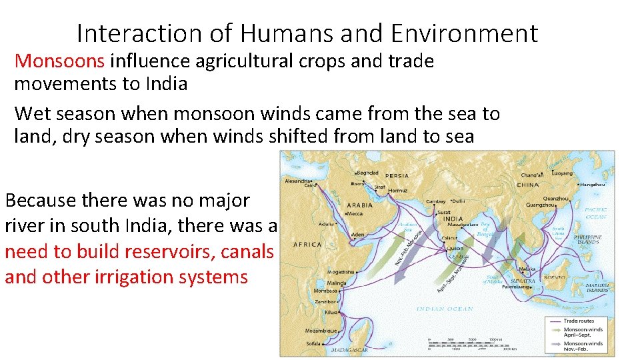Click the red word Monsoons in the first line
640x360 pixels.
coord(60,61)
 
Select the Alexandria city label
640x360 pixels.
coord(298,180)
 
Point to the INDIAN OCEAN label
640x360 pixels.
coord(445,309)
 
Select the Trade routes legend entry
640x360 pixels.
coord(578,321)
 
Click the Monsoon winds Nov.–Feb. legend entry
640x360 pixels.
coord(583,347)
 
